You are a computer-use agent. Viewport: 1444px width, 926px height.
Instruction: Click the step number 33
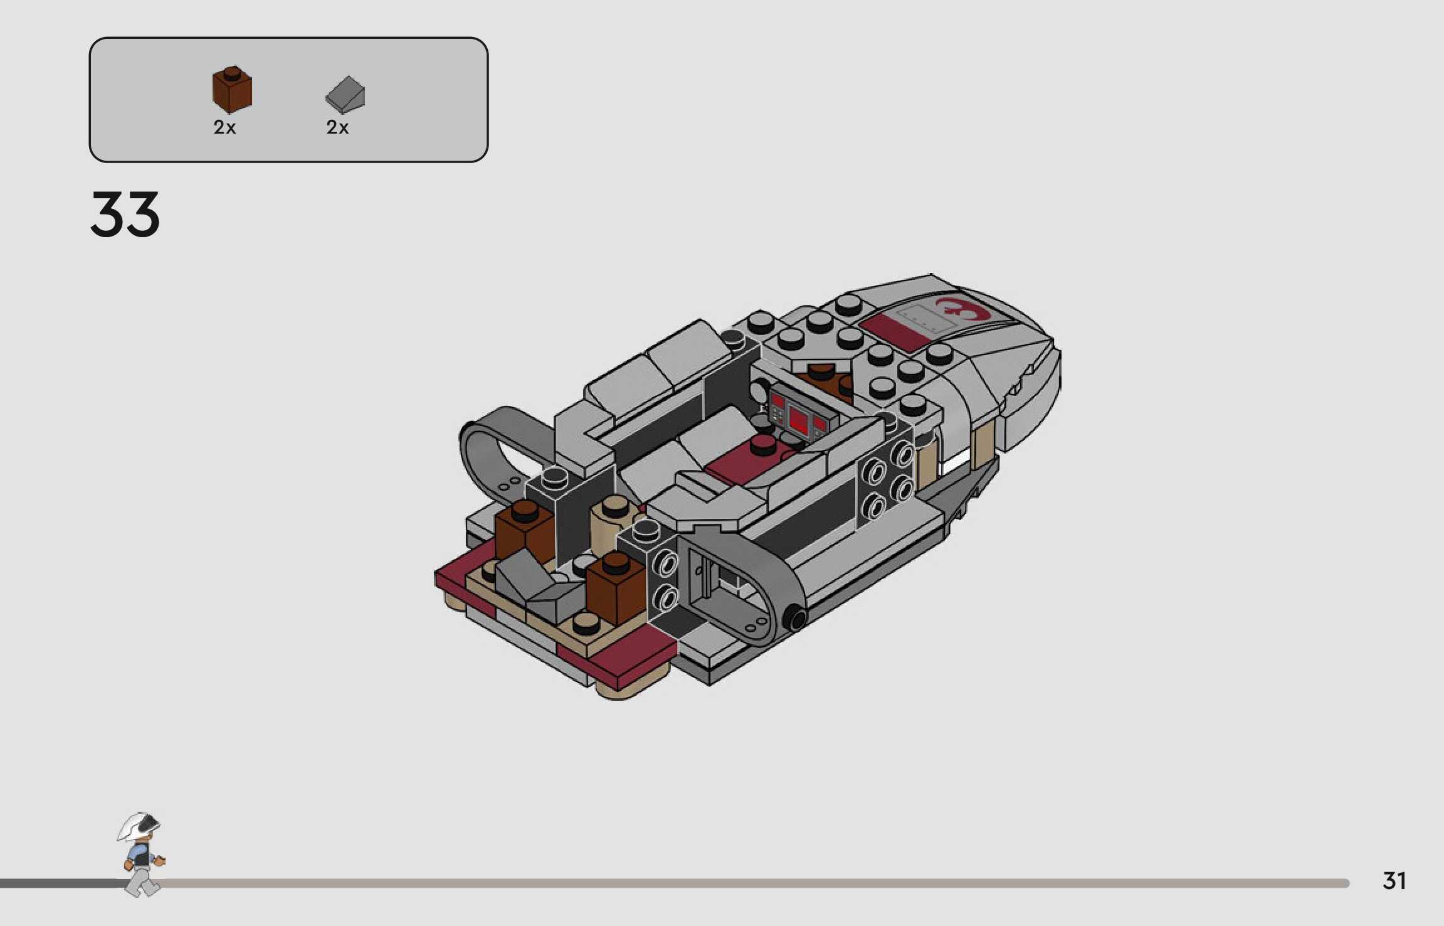[125, 215]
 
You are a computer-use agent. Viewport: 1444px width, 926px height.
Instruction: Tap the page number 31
[1394, 881]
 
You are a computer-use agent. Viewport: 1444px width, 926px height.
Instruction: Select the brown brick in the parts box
[232, 89]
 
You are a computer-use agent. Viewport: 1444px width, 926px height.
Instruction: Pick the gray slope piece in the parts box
[345, 95]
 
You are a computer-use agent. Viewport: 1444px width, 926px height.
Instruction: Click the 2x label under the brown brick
[224, 127]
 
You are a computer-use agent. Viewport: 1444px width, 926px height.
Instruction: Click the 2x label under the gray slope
[337, 127]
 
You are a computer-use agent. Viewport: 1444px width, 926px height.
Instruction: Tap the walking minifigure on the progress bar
[142, 854]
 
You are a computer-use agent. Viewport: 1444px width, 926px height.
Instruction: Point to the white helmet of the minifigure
[139, 826]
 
